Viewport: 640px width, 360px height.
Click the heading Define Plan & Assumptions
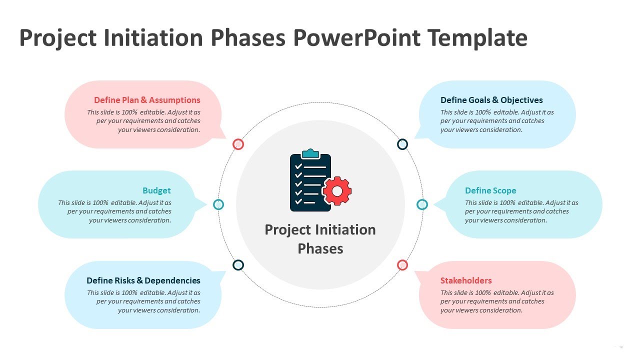coord(147,100)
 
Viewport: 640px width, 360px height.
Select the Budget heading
coord(156,190)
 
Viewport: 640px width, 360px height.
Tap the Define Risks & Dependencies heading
coord(143,280)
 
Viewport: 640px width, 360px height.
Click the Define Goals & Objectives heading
coord(491,100)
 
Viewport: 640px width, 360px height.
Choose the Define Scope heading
coord(490,190)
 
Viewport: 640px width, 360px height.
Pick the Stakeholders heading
coord(466,280)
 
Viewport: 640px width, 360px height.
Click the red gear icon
coord(337,191)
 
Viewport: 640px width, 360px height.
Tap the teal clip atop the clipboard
coord(310,153)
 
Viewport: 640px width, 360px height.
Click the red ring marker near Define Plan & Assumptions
coord(238,144)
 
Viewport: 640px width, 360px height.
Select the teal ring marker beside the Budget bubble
coord(218,204)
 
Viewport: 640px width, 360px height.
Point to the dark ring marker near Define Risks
coord(238,265)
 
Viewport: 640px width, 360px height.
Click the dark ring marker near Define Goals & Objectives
coord(402,144)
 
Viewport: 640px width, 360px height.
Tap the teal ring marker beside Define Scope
coord(422,204)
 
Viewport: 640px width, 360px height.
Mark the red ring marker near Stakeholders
coord(402,265)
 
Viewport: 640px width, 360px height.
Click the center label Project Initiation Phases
coord(320,239)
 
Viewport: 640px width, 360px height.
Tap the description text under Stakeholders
coord(497,301)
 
